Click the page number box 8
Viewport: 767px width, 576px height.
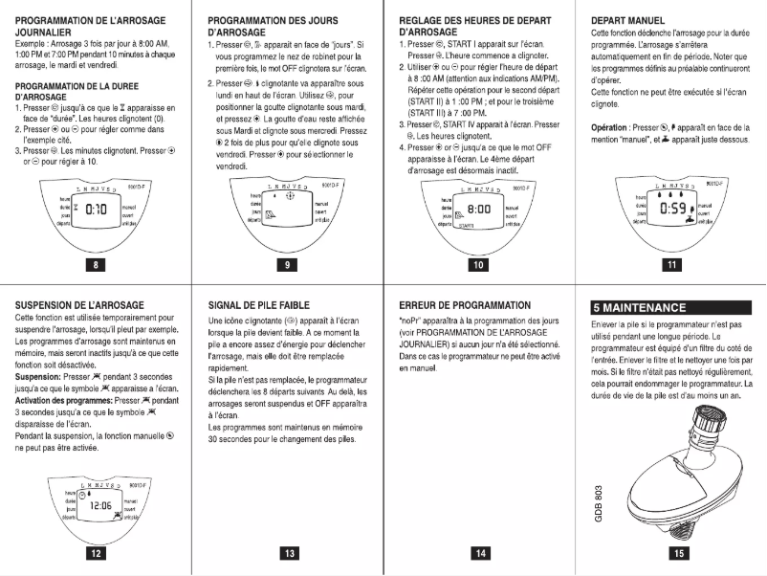click(95, 264)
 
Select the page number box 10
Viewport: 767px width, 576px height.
click(478, 264)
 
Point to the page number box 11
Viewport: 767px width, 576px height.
click(671, 264)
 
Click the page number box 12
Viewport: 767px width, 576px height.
click(95, 552)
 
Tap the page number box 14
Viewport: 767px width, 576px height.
click(478, 552)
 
